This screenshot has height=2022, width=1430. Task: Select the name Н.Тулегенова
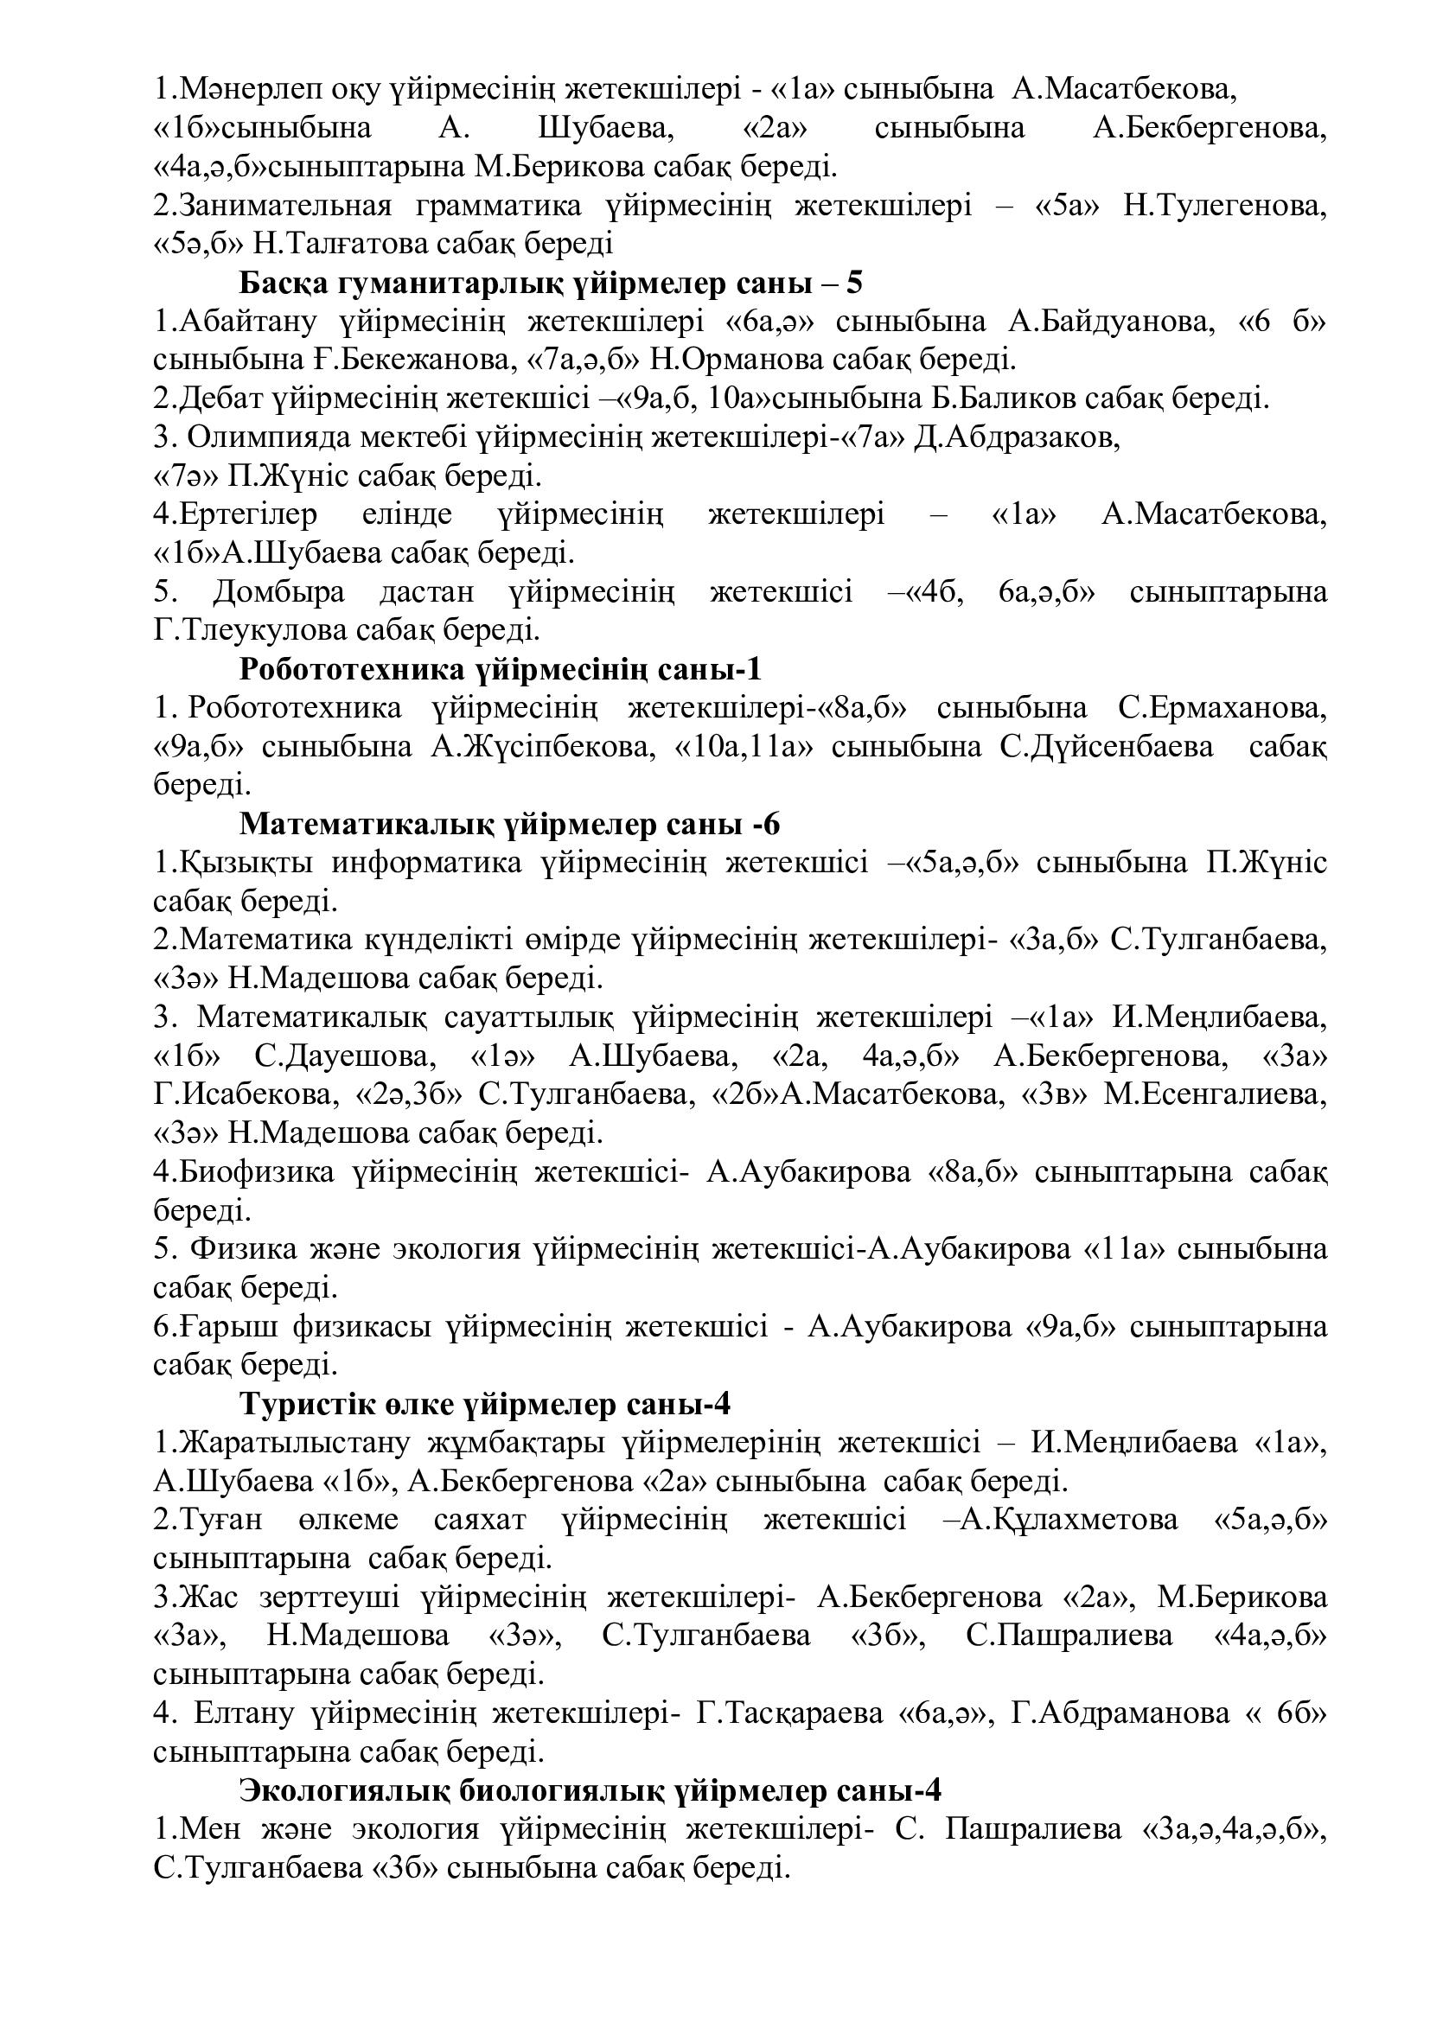click(x=1225, y=206)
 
